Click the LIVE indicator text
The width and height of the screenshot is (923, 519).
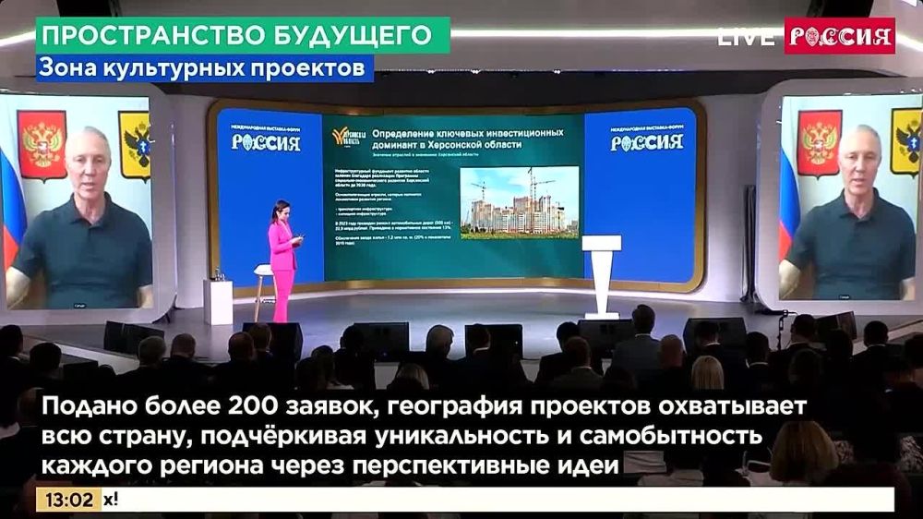tap(745, 37)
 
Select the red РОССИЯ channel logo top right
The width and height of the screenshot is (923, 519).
tap(839, 36)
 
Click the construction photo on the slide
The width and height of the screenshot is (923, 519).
tap(519, 202)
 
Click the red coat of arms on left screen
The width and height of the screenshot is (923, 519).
tap(42, 145)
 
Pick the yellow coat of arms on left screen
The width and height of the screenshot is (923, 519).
tap(136, 145)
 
